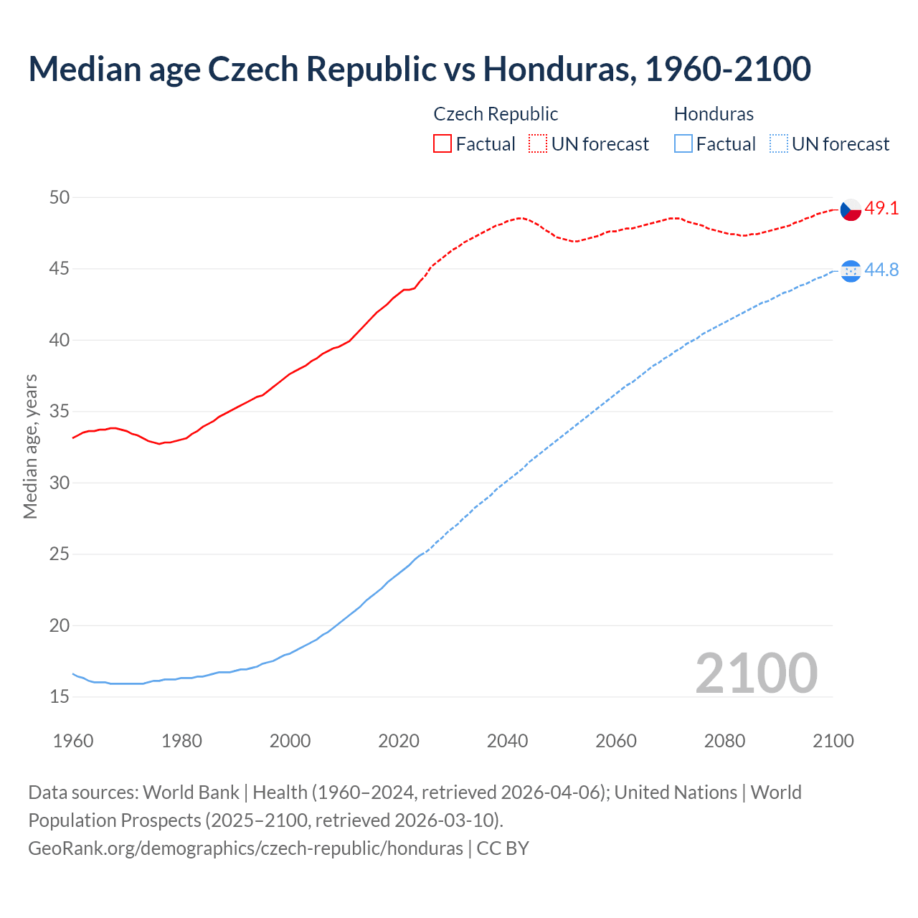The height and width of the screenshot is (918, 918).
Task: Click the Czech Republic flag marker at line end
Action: [851, 209]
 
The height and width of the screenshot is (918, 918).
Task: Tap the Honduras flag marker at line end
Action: [851, 270]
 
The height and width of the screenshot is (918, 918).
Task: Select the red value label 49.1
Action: [881, 209]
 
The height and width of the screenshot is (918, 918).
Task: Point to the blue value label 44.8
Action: [881, 270]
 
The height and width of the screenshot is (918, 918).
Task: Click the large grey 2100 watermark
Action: [756, 673]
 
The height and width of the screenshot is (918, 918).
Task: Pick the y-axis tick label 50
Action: [60, 197]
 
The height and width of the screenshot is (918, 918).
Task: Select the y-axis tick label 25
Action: [60, 554]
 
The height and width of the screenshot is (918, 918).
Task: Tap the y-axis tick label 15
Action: [60, 697]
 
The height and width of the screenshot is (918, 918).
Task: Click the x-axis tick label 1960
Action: [73, 741]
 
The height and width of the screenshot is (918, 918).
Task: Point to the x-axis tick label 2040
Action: [507, 741]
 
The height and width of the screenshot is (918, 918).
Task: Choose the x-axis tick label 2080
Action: [724, 741]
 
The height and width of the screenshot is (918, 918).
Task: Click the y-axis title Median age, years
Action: [30, 446]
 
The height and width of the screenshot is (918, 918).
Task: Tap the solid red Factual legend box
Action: [443, 144]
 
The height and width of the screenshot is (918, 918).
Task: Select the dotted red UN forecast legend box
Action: [538, 144]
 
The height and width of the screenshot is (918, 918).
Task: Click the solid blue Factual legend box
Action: [683, 144]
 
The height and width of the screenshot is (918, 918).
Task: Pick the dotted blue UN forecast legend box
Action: [778, 144]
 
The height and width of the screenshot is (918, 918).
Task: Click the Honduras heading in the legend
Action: [714, 114]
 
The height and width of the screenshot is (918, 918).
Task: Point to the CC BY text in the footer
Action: [503, 848]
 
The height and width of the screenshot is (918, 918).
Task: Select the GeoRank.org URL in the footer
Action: [245, 848]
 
